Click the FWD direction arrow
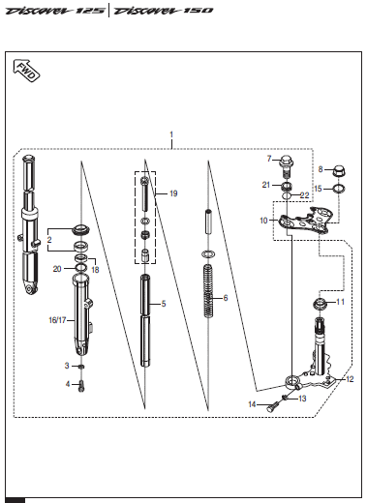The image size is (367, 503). (x=26, y=71)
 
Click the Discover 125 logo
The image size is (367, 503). (x=55, y=11)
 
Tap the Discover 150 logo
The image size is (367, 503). (x=164, y=11)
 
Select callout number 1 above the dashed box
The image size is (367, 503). (x=171, y=134)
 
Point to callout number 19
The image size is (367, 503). (x=173, y=193)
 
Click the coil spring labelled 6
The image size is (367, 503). (x=208, y=291)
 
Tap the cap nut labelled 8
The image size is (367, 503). (x=339, y=170)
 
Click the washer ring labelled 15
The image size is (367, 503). (x=339, y=189)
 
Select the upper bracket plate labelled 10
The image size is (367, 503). (x=306, y=221)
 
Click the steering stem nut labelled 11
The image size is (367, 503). (x=320, y=304)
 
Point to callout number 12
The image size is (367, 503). (x=350, y=379)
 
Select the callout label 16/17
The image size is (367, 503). (x=57, y=320)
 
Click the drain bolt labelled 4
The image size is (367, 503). (x=81, y=386)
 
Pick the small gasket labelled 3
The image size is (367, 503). (x=82, y=367)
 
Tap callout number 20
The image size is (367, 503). (x=57, y=269)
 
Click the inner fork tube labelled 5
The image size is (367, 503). (x=145, y=320)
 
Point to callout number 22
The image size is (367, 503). (x=304, y=195)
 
